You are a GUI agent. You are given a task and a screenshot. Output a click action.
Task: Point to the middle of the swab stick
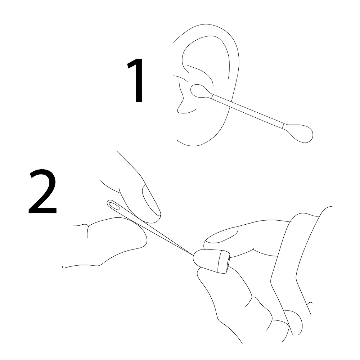pyautogui.click(x=248, y=111)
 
